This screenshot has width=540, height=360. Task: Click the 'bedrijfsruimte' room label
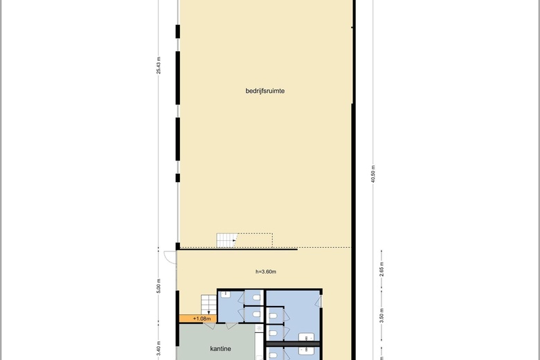pos(265,91)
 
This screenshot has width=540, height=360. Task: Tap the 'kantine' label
pos(220,349)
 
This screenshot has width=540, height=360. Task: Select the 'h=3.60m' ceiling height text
pos(266,271)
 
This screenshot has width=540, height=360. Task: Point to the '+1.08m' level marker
pos(202,318)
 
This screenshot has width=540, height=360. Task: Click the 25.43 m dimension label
pos(159,66)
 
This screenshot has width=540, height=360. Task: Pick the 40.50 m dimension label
pos(373,174)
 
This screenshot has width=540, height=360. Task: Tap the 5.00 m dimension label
pos(159,286)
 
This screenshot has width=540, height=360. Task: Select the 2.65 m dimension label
pos(381,269)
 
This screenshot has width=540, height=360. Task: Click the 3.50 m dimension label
pos(381,316)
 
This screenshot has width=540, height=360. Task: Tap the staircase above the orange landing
pos(208,305)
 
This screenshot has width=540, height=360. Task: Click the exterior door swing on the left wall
pos(170,258)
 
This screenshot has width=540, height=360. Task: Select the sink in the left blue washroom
pos(226,294)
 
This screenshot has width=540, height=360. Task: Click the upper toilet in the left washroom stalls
pos(256,297)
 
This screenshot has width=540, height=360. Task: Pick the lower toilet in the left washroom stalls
pos(256,314)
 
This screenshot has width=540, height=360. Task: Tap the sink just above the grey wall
pos(306,337)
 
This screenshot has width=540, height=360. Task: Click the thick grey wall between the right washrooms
pos(293,344)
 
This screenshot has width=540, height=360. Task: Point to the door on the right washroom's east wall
pos(319,301)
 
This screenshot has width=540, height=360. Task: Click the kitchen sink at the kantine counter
pos(259,329)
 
